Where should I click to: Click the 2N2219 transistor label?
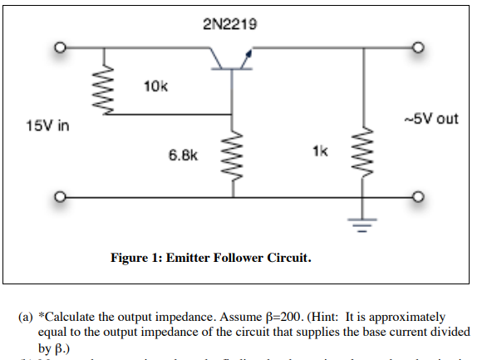229,24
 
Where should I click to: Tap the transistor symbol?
232,58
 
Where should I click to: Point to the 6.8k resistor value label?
184,155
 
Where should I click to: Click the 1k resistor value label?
321,151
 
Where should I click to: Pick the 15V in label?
48,126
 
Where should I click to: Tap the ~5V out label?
429,118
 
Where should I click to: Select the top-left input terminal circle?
60,48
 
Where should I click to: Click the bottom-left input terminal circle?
60,198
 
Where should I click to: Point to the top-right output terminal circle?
417,48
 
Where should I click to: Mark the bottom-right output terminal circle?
417,198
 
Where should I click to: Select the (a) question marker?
25,318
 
